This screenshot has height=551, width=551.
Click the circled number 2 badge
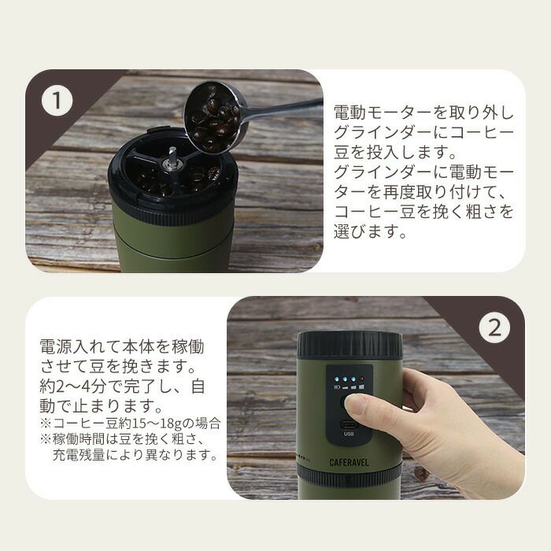click(x=494, y=328)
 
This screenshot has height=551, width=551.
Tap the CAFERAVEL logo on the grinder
click(x=349, y=463)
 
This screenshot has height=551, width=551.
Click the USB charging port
click(x=349, y=423)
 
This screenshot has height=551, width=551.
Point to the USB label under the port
click(x=349, y=434)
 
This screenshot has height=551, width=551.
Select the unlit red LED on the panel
click(x=361, y=380)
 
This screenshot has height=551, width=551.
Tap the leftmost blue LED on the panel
click(x=337, y=379)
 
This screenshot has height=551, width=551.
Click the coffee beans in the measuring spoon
click(x=212, y=118)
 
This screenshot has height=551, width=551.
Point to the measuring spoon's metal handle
click(x=281, y=109)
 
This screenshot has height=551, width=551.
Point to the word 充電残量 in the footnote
click(x=79, y=455)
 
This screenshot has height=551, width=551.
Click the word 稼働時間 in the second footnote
click(x=79, y=439)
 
